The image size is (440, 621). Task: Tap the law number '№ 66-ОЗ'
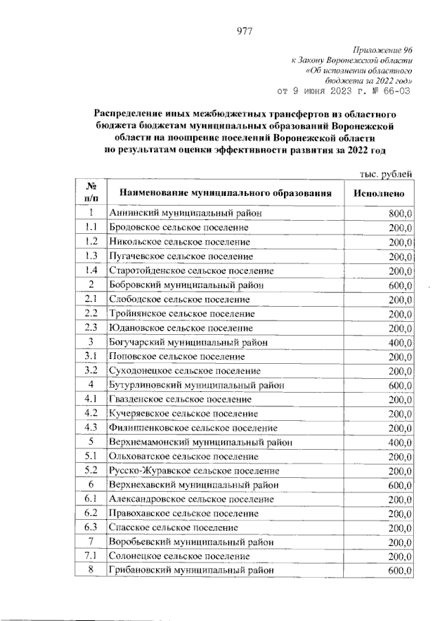tap(390, 90)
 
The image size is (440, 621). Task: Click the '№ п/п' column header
tap(90, 194)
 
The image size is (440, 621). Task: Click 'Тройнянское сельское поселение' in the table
tap(181, 313)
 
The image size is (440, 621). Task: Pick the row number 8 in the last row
tap(90, 570)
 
